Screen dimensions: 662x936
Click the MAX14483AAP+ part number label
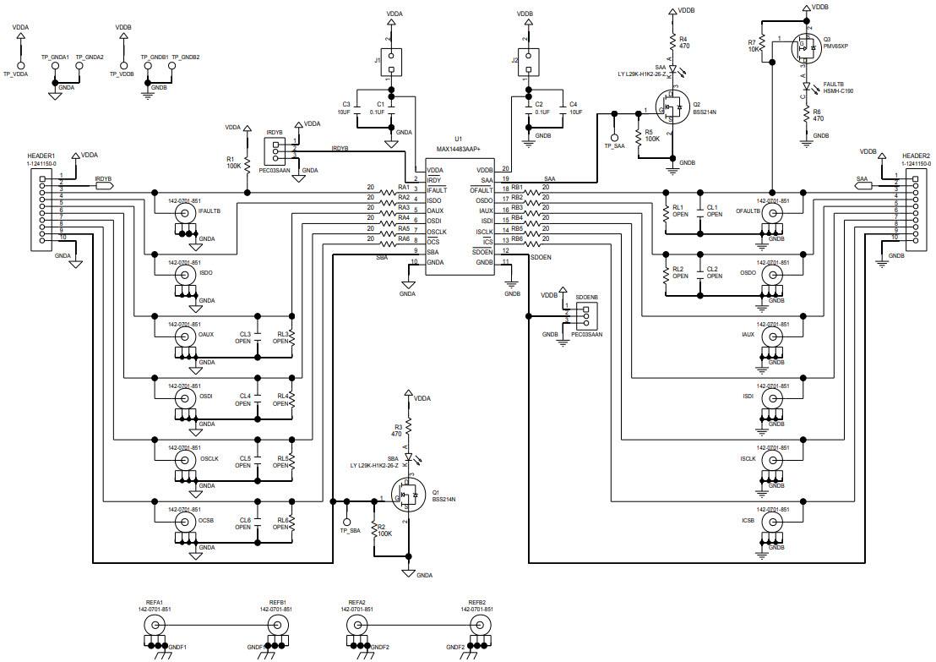(460, 148)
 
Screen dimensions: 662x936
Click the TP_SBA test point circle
(346, 522)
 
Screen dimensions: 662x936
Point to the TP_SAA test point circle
(614, 136)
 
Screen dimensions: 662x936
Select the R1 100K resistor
(247, 161)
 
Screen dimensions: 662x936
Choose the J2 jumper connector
(528, 60)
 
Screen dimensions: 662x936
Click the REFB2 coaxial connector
(479, 626)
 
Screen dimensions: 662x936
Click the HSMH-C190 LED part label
(838, 90)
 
